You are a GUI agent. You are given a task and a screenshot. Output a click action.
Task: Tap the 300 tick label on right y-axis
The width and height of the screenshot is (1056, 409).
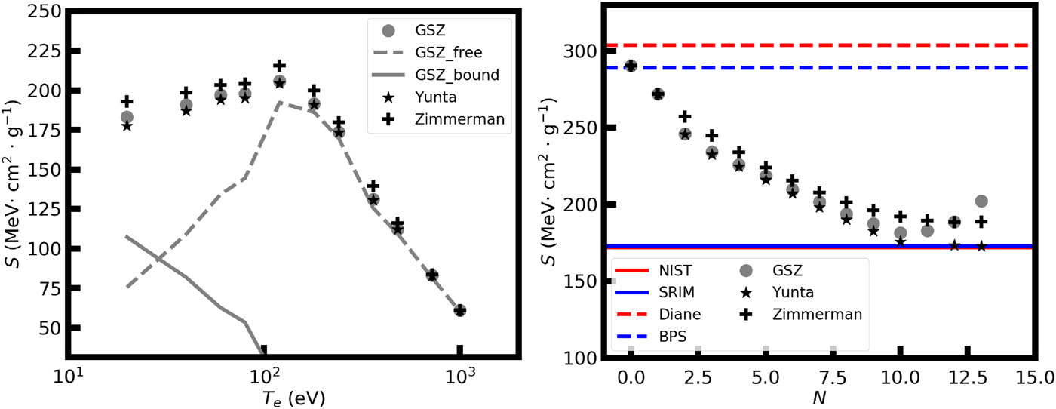click(x=582, y=51)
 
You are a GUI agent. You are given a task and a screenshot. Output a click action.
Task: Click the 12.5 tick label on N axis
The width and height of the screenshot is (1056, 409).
click(x=967, y=375)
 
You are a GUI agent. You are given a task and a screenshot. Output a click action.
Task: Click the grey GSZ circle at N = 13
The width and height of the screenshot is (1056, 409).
click(x=981, y=201)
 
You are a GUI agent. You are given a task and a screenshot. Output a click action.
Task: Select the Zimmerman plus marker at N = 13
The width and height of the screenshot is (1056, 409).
click(x=981, y=222)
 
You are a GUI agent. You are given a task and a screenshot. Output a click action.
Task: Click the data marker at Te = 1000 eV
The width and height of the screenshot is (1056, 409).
click(x=460, y=310)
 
